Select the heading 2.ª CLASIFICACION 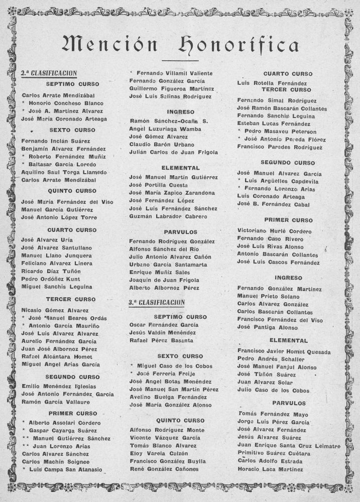click(x=49, y=73)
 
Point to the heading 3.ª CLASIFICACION click(x=157, y=303)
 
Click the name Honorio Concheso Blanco click(x=66, y=102)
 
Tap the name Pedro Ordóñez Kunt click(x=51, y=279)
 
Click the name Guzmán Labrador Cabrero click(x=168, y=216)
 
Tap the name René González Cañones click(x=164, y=469)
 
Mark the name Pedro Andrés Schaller click(x=271, y=359)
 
